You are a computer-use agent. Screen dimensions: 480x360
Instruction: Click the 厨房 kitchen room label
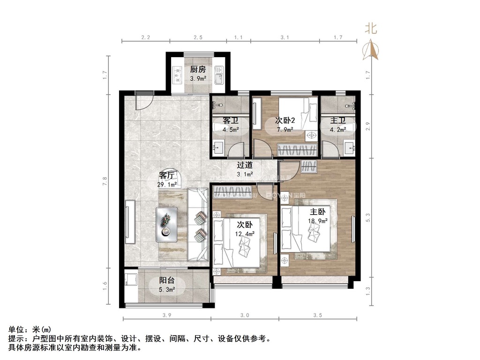point(198,69)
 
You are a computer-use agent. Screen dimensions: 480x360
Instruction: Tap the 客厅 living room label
point(167,176)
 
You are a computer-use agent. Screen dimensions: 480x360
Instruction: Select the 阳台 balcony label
point(167,280)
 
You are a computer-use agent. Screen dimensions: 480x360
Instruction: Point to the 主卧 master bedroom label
point(317,211)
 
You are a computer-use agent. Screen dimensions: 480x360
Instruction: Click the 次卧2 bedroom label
point(285,120)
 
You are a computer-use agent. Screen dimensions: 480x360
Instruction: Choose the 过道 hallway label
point(245,165)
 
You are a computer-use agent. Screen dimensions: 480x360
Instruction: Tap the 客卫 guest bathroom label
point(231,120)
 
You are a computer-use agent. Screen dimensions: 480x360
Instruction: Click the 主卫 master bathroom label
point(337,120)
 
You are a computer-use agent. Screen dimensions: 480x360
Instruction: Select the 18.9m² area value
point(318,220)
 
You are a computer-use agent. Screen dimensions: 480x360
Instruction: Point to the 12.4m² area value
point(245,234)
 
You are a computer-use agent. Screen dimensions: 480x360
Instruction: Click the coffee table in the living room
point(166,225)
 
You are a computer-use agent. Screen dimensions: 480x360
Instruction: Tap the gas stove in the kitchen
point(177,75)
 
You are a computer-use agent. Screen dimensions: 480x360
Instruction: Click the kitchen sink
point(219,75)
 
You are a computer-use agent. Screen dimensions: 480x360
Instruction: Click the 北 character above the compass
point(371,29)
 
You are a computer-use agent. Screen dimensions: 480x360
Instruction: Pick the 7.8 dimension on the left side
point(105,181)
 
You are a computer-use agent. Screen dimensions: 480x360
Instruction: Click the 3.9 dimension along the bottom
point(167,315)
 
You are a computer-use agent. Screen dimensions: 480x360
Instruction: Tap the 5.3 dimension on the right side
point(368,217)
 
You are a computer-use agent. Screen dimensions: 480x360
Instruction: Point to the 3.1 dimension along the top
point(285,37)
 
